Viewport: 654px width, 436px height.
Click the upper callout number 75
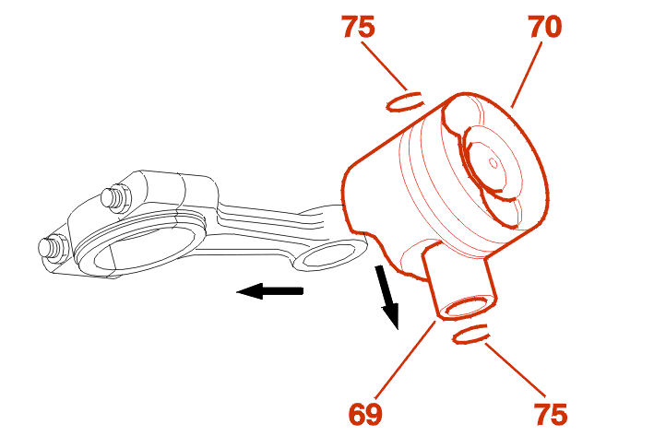358,27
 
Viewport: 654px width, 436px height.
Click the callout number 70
545,27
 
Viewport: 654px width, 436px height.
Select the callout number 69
365,414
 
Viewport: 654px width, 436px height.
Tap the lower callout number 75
551,414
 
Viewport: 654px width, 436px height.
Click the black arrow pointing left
270,290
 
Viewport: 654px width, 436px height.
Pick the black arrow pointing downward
388,297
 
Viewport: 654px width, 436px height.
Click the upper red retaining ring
405,101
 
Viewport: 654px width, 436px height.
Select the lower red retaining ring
470,334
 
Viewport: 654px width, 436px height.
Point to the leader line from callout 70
527,75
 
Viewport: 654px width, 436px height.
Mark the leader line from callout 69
406,358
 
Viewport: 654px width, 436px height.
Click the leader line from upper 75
385,65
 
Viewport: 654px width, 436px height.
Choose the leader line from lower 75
515,370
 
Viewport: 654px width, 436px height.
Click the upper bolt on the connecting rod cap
115,197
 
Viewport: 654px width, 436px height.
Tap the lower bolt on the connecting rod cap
54,249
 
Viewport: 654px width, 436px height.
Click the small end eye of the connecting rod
327,255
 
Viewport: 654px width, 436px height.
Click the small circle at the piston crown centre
493,163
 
